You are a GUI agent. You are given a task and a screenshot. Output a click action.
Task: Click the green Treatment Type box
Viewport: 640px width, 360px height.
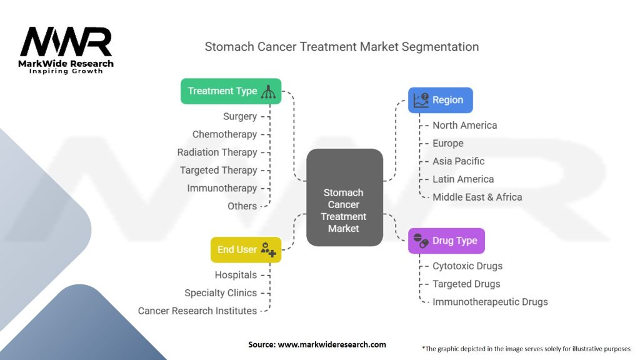coord(231,91)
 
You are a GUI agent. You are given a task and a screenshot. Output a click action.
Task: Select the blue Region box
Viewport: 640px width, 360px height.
coord(440,100)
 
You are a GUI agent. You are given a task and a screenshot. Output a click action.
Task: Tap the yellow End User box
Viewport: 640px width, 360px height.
coord(246,249)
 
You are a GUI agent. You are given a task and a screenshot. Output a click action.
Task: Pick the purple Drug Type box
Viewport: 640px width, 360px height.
coord(446,241)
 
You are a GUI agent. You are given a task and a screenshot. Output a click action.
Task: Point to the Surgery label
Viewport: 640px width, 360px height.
coord(240,116)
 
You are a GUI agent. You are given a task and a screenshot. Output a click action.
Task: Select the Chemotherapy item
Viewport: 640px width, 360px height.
coord(224,134)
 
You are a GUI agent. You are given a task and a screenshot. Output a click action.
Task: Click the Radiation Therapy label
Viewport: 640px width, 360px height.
coord(217,152)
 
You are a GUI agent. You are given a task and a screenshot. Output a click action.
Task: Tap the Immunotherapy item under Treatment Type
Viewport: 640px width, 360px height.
coord(222,188)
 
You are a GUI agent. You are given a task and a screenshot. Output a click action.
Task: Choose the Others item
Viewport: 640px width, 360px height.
coord(242,206)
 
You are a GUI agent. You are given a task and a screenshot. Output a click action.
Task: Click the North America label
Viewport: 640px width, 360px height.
coord(464,125)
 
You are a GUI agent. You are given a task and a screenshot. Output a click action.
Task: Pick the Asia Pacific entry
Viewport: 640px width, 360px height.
coord(458,161)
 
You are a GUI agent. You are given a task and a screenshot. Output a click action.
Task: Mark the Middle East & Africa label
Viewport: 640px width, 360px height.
coord(477,197)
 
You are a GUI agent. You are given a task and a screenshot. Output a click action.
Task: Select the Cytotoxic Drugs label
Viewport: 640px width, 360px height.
coord(467,266)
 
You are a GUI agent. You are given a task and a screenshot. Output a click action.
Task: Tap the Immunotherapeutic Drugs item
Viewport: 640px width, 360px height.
coord(490,302)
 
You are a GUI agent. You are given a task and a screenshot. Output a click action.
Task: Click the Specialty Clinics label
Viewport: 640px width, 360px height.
coord(221,292)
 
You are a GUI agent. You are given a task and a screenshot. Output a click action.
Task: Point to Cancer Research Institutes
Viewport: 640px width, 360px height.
coord(197,311)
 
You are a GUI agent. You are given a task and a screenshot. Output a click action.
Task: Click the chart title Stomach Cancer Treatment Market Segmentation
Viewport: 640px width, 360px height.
coord(342,47)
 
